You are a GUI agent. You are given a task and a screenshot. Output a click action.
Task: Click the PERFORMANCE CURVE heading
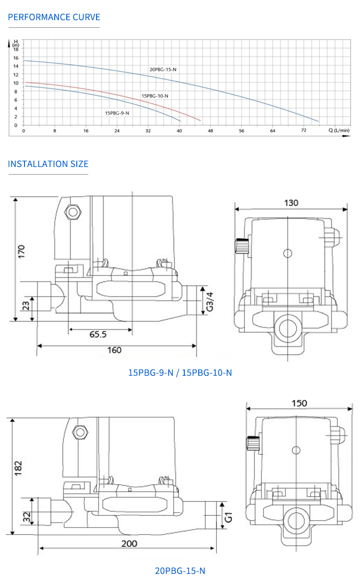(x=54, y=17)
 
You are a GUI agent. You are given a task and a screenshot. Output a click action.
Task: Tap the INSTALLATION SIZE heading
(x=48, y=164)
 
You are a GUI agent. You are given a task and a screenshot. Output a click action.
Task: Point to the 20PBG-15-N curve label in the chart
(x=163, y=70)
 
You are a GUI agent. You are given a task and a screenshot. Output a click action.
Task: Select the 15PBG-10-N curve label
(x=155, y=96)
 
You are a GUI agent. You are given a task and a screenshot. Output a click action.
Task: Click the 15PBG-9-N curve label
(x=117, y=113)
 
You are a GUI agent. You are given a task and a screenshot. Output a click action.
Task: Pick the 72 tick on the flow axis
(x=304, y=130)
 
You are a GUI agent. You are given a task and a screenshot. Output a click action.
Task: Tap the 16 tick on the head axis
(x=16, y=58)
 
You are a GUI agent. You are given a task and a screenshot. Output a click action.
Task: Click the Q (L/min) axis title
(x=339, y=131)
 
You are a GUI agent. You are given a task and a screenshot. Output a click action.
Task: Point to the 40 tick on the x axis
(x=179, y=131)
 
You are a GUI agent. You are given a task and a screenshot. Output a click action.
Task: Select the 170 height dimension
(x=22, y=251)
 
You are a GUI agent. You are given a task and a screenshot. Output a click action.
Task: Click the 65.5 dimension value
(x=98, y=334)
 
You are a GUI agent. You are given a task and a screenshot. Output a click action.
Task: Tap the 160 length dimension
(x=115, y=350)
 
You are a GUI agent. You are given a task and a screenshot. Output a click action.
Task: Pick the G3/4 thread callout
(x=210, y=302)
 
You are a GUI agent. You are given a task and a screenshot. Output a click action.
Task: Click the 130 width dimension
(x=291, y=203)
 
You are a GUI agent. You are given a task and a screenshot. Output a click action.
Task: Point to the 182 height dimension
(x=18, y=468)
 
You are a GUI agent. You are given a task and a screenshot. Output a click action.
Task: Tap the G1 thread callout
(x=228, y=517)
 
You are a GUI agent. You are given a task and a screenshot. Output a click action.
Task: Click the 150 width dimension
(x=299, y=403)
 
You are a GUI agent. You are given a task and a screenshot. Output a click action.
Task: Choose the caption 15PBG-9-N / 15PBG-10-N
(x=180, y=373)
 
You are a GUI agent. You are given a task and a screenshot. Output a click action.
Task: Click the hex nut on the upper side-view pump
(x=73, y=212)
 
